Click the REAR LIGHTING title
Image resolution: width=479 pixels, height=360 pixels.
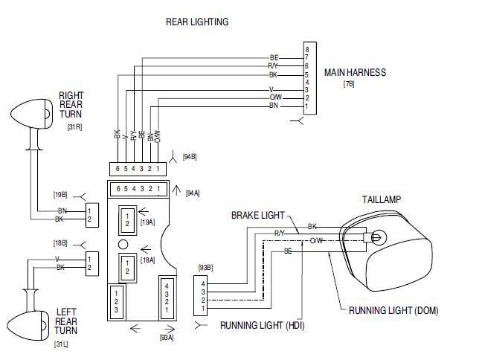[x=197, y=22]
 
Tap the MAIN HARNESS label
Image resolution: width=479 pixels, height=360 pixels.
[x=355, y=72]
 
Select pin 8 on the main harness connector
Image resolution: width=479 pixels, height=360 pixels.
[x=307, y=50]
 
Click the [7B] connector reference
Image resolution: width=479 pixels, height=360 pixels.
[x=349, y=83]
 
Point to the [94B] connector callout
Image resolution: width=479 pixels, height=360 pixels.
[x=190, y=157]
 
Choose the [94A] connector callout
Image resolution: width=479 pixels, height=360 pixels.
[x=193, y=193]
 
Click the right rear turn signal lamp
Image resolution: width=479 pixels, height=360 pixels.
[x=31, y=114]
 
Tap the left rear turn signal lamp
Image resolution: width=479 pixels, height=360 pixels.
[x=28, y=326]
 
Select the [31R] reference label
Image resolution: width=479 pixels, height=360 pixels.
[x=74, y=127]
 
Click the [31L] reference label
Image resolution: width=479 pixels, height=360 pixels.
[x=61, y=344]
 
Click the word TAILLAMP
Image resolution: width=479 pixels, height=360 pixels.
[x=382, y=199]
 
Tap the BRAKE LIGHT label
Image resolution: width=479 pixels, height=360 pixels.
[x=258, y=216]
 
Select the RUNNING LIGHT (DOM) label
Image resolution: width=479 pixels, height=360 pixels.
[x=393, y=310]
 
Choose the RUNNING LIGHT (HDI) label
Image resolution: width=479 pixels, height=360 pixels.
[x=262, y=325]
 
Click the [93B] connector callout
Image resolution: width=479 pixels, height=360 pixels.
[x=205, y=268]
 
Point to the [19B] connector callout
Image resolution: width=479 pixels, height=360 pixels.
[x=60, y=195]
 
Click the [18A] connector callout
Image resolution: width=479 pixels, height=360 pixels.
[x=147, y=260]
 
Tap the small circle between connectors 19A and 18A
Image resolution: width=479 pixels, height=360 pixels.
[x=123, y=244]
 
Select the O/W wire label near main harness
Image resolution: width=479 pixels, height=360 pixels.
[x=276, y=97]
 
